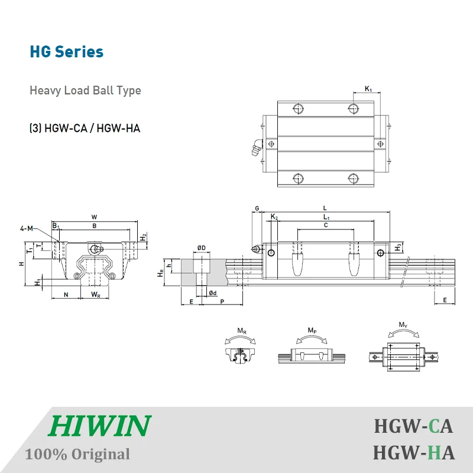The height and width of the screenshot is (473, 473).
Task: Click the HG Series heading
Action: [67, 51]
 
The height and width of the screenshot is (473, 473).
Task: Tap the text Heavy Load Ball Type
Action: [85, 90]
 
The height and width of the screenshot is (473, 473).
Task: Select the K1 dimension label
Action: [368, 89]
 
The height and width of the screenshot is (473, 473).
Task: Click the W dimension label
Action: [95, 216]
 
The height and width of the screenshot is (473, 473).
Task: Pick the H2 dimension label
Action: [143, 237]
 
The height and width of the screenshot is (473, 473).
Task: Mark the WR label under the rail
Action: [95, 294]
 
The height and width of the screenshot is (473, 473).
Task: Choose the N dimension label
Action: [66, 294]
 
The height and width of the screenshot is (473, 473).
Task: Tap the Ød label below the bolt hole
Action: [212, 293]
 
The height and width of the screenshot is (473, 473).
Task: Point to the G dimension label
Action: [257, 208]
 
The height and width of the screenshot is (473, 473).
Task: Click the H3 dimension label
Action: [399, 246]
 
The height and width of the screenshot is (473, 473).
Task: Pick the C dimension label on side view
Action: [326, 225]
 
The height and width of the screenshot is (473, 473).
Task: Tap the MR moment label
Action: [242, 330]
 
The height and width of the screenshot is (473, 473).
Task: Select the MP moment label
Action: [312, 330]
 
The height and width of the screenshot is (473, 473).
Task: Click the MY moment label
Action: [403, 325]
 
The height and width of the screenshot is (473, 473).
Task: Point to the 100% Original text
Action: [77, 454]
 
